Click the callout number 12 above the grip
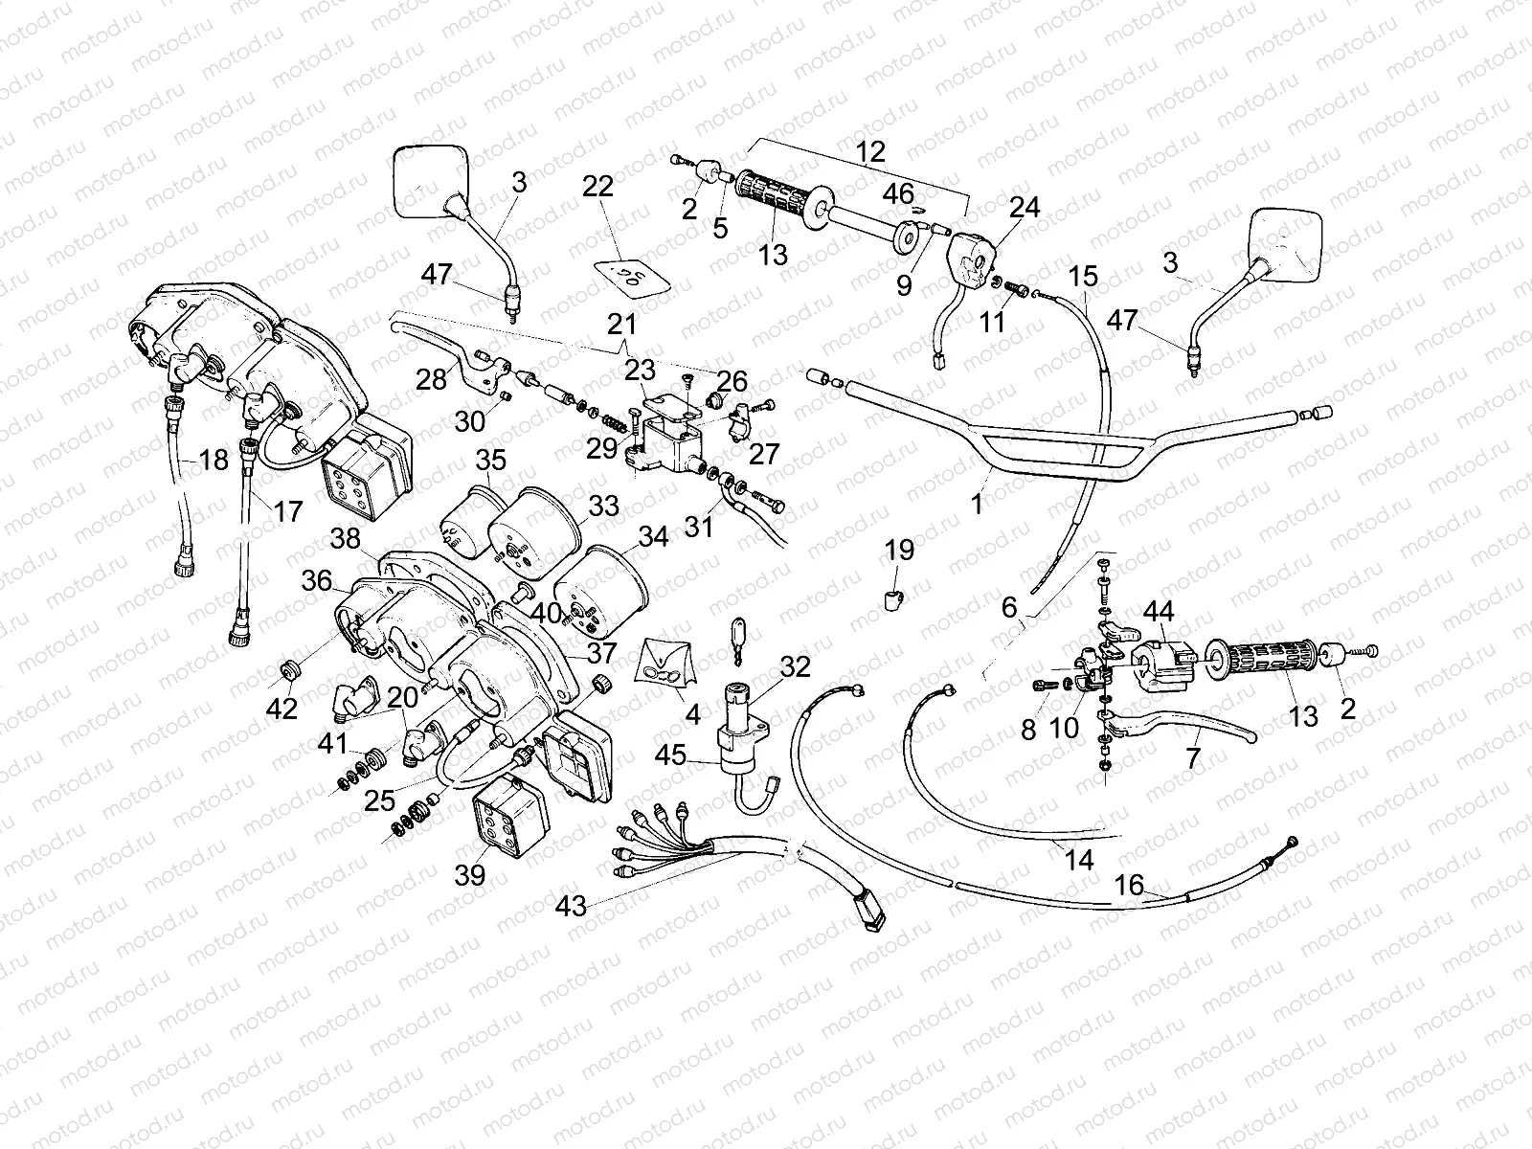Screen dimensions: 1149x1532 coord(871,152)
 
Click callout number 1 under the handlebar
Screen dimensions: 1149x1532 coord(977,504)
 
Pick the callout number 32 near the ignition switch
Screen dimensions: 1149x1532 coord(795,666)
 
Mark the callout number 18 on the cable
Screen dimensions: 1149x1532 coord(214,460)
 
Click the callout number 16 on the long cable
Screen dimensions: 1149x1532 coord(1130,886)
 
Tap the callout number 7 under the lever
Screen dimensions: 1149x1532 coord(1192,758)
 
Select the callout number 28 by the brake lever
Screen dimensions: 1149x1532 coord(432,380)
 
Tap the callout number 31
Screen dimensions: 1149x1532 coord(699,526)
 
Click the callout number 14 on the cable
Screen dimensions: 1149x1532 coord(1079,860)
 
